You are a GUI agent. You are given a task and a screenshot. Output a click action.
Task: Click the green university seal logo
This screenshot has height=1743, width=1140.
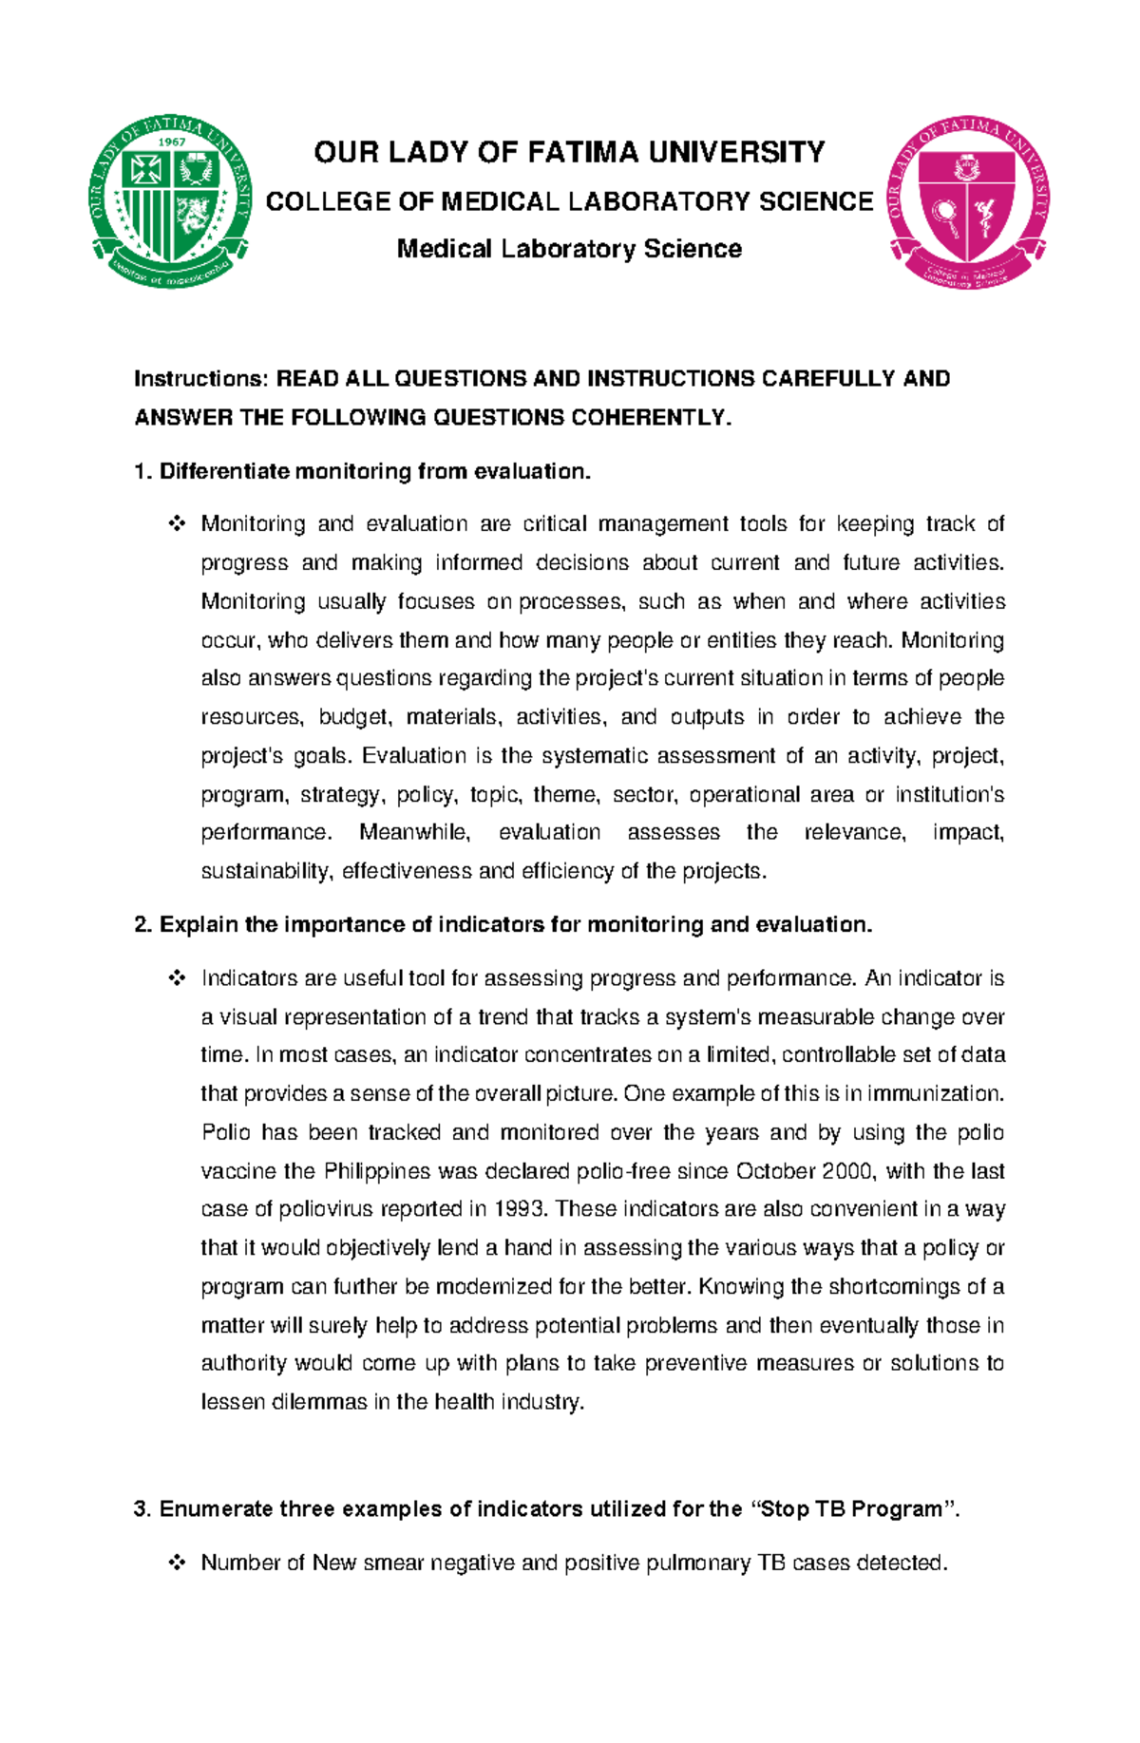[171, 201]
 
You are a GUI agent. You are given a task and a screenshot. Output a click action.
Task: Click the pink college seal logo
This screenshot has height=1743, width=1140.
[968, 202]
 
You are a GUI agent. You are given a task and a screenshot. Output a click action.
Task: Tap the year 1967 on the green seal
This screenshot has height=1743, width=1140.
[171, 142]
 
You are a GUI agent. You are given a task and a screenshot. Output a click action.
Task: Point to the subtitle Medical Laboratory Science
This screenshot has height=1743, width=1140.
[569, 249]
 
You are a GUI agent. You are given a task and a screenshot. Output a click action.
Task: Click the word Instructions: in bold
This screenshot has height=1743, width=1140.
[201, 379]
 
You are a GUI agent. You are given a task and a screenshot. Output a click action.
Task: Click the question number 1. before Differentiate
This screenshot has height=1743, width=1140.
[143, 472]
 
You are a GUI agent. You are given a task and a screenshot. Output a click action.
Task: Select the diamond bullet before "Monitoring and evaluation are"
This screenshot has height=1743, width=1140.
[177, 523]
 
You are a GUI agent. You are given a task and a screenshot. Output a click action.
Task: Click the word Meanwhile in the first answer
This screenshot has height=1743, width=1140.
[414, 833]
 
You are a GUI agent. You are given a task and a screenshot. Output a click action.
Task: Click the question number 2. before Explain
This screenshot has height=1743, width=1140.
[143, 925]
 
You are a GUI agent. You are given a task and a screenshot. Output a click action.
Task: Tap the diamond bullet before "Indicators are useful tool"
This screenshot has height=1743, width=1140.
[177, 978]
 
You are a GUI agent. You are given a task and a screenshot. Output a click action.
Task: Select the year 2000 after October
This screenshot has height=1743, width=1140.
[846, 1171]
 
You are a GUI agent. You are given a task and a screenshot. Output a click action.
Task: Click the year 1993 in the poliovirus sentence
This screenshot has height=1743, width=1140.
[520, 1210]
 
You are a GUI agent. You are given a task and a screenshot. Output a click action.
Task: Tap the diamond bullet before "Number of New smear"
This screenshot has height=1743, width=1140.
[177, 1563]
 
